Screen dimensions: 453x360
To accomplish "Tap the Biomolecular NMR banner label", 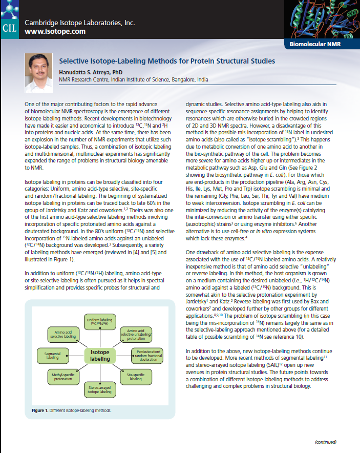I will click(315, 44).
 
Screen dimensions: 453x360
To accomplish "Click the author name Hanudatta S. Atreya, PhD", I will click(91, 72).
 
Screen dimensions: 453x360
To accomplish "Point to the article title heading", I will click(167, 61).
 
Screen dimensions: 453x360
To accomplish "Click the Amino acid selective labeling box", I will click(62, 335).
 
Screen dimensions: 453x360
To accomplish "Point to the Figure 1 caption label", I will click(43, 411).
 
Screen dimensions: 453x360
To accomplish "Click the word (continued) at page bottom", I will click(325, 441).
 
